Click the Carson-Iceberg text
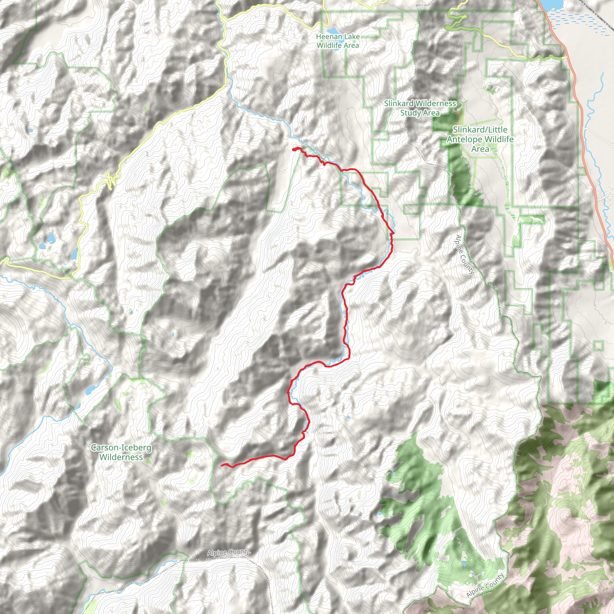tap(121, 448)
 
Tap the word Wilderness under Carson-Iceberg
tap(121, 457)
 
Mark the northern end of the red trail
tap(293, 149)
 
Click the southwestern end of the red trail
tap(222, 465)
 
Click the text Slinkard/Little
tap(480, 130)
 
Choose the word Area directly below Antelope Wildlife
tap(480, 149)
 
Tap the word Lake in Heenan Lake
tap(351, 37)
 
